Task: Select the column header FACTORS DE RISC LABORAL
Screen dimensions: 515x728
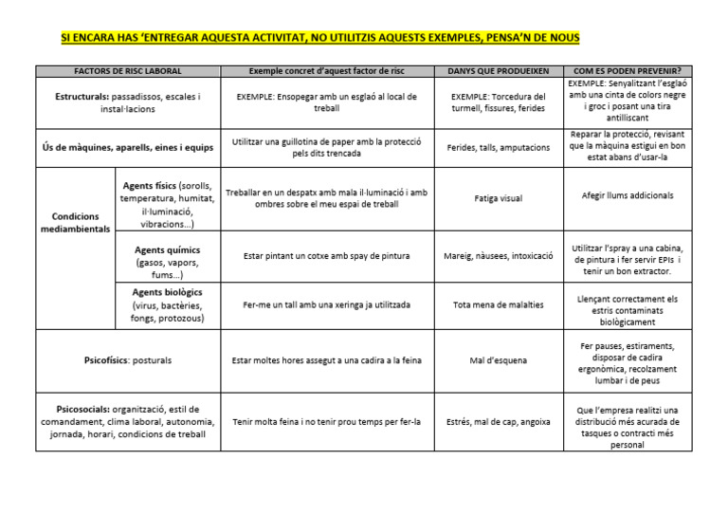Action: (128, 71)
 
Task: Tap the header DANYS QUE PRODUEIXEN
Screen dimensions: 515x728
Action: (498, 71)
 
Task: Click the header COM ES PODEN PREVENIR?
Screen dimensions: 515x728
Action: (627, 71)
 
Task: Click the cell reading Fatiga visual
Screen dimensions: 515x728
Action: (498, 198)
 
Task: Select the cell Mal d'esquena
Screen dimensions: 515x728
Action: (498, 360)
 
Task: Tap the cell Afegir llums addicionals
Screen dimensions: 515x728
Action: (628, 195)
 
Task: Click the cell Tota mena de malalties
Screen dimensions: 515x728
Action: (498, 305)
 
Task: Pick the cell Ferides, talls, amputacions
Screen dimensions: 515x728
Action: (498, 148)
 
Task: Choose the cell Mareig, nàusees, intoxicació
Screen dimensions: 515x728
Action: (498, 255)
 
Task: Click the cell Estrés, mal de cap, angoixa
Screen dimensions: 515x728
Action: (498, 421)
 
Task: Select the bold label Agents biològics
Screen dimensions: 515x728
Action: (168, 292)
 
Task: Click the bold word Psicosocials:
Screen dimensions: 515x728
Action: (79, 409)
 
